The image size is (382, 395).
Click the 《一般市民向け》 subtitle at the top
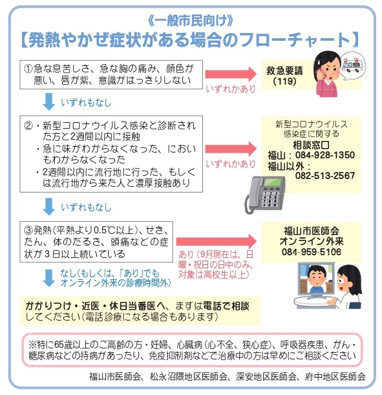pos(191,21)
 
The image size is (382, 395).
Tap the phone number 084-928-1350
pos(325,155)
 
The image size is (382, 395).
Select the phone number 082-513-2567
pos(325,175)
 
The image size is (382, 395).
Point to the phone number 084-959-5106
pos(312,251)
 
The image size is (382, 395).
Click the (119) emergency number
pos(284,81)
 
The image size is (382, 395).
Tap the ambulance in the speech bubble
pos(352,65)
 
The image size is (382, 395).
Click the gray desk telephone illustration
pos(265,195)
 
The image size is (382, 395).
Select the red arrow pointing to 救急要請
pos(231,74)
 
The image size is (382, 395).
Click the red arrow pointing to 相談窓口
pos(231,149)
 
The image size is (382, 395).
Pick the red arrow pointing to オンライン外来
pos(216,241)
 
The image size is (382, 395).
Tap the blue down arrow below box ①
pos(48,101)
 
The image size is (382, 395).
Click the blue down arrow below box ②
pos(48,207)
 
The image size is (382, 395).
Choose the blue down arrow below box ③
pos(48,278)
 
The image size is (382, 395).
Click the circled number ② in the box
pos(28,125)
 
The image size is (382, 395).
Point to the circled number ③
pos(28,230)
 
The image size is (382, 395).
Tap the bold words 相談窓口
pos(312,145)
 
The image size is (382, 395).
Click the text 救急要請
pos(284,70)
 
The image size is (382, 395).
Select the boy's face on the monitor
pos(316,277)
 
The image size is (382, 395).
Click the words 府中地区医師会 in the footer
pos(335,376)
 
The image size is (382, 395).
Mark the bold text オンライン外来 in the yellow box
pos(312,241)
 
